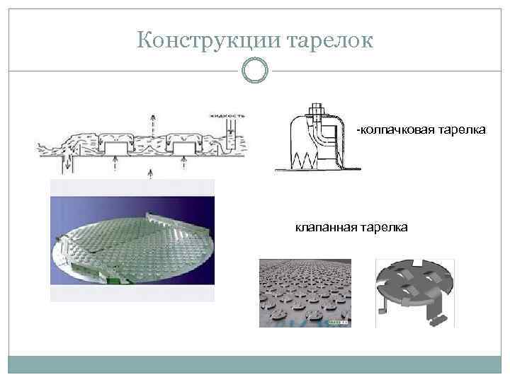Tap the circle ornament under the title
pyautogui.click(x=255, y=70)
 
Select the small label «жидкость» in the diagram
pyautogui.click(x=227, y=115)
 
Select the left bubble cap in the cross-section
pyautogui.click(x=115, y=146)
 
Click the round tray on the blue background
pyautogui.click(x=132, y=244)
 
